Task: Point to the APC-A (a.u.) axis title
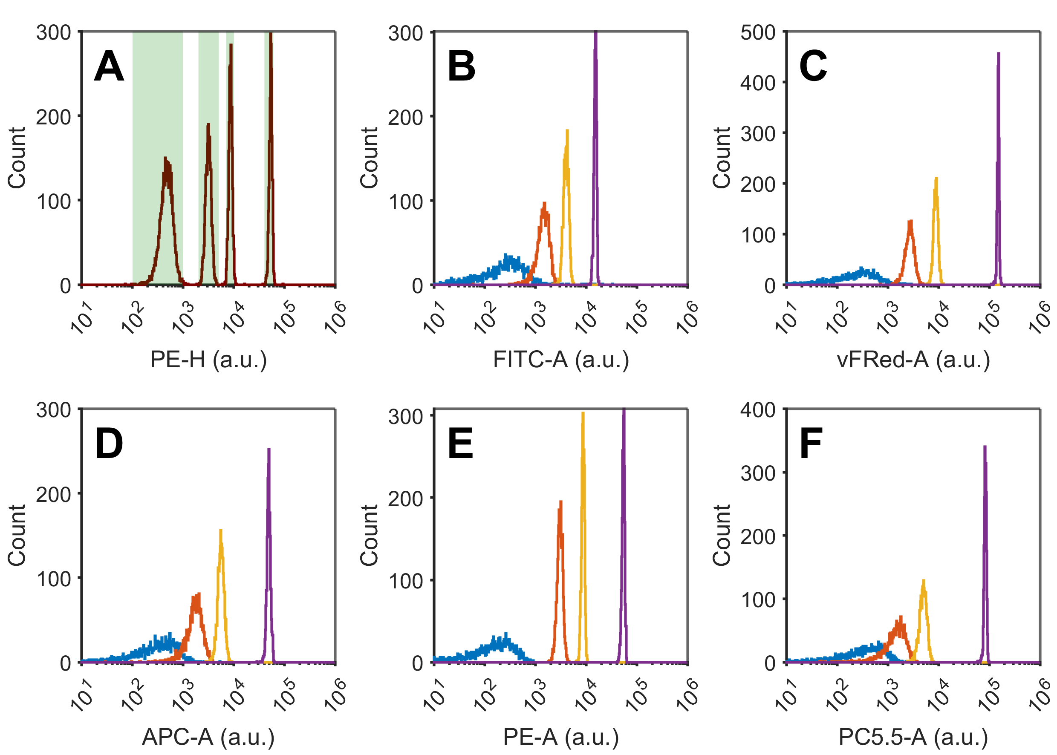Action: coord(208,737)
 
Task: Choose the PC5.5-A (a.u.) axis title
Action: coord(913,737)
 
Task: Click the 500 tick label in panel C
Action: coord(758,32)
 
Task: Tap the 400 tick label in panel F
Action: coord(758,410)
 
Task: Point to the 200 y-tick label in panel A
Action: coord(53,117)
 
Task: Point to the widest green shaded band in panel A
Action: coord(158,158)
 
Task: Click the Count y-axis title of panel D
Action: coord(17,536)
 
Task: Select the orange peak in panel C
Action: coord(910,251)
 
